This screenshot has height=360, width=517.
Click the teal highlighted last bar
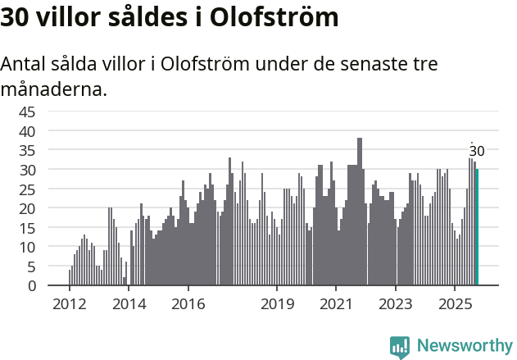(477, 227)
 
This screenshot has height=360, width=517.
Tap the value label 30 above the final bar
(477, 151)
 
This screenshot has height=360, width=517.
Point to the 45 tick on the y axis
(27, 112)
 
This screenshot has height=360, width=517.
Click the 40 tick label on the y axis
(27, 131)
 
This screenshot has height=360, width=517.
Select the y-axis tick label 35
(27, 150)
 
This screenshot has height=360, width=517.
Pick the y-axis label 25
(27, 189)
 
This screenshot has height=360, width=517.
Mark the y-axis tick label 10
(27, 248)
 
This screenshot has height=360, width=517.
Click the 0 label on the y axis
(31, 286)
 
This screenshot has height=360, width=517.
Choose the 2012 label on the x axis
(69, 303)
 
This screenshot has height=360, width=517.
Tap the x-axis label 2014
(129, 303)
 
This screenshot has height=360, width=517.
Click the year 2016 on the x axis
(188, 303)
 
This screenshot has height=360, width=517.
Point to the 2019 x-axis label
(277, 303)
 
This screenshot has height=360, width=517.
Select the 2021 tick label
(337, 303)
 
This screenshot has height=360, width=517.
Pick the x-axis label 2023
(396, 303)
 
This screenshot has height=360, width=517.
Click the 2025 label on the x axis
(456, 303)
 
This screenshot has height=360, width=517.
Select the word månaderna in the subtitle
(54, 89)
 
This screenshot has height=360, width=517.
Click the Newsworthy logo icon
(400, 347)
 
